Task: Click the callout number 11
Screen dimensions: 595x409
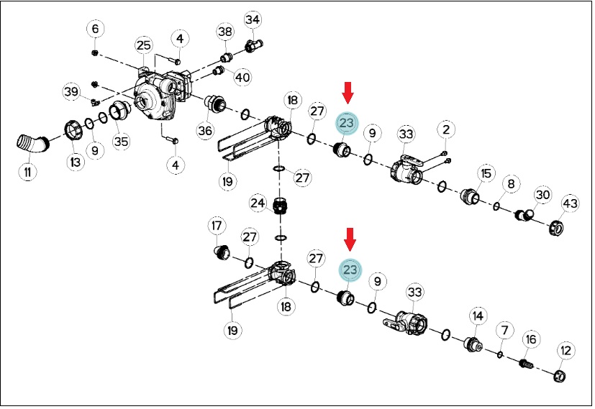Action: click(x=27, y=172)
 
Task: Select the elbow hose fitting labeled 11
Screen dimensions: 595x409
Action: click(x=32, y=143)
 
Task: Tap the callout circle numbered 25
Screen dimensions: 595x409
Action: click(x=144, y=46)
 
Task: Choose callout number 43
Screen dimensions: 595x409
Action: click(x=570, y=203)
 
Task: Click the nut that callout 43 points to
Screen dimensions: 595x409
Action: click(x=556, y=228)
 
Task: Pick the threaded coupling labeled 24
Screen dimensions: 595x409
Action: click(x=281, y=206)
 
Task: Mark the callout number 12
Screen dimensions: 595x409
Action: click(x=566, y=351)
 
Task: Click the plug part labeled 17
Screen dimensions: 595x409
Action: click(x=222, y=252)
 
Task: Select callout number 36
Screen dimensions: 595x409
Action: click(x=205, y=130)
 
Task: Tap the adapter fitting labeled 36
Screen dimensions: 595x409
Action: click(x=215, y=104)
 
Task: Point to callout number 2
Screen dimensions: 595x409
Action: click(x=446, y=129)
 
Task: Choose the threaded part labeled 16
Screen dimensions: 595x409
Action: click(x=526, y=364)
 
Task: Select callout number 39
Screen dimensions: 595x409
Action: click(x=71, y=92)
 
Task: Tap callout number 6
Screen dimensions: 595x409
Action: click(x=95, y=29)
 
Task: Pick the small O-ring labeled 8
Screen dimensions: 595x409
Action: click(x=496, y=206)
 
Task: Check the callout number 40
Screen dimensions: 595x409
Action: click(x=243, y=78)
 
